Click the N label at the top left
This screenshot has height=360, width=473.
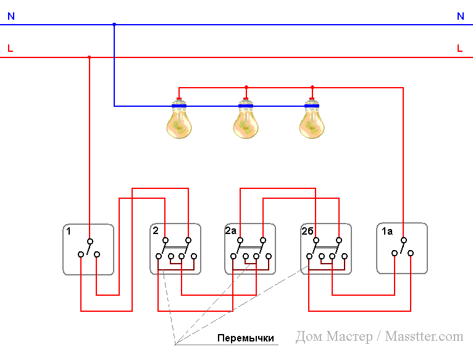11,17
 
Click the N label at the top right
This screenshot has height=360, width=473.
460,17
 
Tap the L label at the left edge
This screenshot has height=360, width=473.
10,48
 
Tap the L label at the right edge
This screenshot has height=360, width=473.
459,48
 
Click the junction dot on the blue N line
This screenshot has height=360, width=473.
114,25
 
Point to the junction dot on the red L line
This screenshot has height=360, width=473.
90,57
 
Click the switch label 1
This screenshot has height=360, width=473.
69,232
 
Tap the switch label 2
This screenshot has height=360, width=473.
156,231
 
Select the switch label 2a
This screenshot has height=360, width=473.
231,231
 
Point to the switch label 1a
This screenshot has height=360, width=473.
387,232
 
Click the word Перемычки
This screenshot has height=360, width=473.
245,338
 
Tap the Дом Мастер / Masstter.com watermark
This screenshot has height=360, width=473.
379,337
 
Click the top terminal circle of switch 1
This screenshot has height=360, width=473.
90,241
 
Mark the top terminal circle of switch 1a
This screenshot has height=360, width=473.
403,241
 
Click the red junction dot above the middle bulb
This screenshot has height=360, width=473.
246,87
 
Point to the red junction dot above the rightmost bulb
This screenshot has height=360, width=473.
312,87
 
